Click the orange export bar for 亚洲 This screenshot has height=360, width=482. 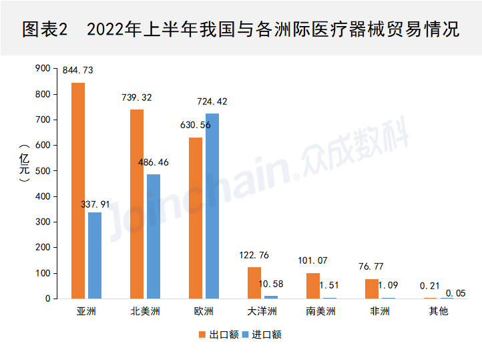[x=78, y=190]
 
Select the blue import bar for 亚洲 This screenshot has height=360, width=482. [x=95, y=255]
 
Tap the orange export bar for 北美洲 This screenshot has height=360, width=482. [x=137, y=204]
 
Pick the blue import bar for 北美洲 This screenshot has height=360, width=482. [x=154, y=236]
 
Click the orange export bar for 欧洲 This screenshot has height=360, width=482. [x=196, y=218]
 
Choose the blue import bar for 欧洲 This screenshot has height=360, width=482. [x=212, y=206]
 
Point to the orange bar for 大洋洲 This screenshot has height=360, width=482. [x=254, y=283]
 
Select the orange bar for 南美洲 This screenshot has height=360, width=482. [x=313, y=285]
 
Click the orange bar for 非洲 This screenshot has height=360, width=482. [x=372, y=289]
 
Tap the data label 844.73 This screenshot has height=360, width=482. [x=77, y=70]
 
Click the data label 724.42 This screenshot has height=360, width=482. [x=212, y=102]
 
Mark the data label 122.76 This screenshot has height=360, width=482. [x=254, y=254]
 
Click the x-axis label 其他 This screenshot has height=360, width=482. [x=439, y=311]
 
